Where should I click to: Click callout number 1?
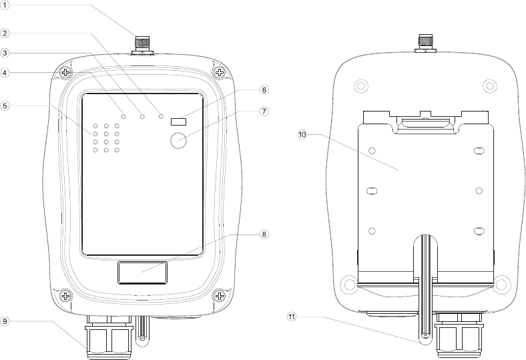(5, 6)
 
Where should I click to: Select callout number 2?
(5, 33)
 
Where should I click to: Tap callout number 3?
(5, 52)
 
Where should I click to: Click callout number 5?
(5, 105)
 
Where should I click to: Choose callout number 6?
(264, 89)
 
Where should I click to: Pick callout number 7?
(264, 111)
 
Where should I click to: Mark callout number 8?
(264, 234)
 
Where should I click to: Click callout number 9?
(5, 321)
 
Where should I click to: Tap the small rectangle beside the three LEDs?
(178, 122)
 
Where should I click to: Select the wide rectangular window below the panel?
(143, 273)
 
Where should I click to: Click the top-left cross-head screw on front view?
(65, 73)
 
